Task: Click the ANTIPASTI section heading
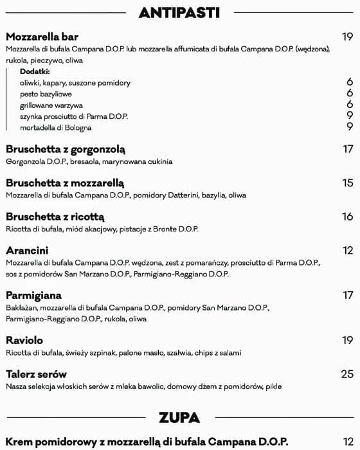179,12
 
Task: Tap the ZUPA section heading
179,417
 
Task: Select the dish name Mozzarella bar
42,37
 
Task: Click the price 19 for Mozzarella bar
347,37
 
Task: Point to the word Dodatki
35,71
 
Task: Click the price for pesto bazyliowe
350,93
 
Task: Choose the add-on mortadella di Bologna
56,127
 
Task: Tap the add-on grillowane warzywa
51,105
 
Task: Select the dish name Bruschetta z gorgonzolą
65,149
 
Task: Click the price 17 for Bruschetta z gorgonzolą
348,149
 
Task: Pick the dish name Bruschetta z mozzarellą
65,183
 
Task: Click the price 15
348,183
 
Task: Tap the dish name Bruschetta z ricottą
55,217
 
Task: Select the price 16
348,217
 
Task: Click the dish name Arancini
27,250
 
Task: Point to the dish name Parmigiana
33,295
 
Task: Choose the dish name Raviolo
24,340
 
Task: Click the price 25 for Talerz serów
347,374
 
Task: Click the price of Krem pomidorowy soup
348,442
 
